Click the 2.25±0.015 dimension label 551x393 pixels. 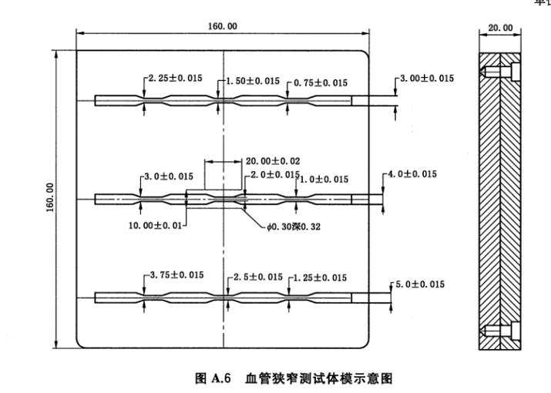tap(174, 78)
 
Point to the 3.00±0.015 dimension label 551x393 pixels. tap(426, 79)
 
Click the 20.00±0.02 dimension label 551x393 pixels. tap(273, 161)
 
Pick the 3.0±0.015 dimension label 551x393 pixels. tap(169, 176)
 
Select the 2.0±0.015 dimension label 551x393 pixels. tap(272, 176)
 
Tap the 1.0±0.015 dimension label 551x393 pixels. tap(323, 179)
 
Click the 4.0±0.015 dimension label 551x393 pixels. tap(412, 174)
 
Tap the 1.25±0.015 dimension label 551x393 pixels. tap(320, 277)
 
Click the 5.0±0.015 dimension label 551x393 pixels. tap(421, 285)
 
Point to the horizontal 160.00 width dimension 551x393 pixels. tap(222, 27)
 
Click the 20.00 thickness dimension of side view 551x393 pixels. tap(501, 28)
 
